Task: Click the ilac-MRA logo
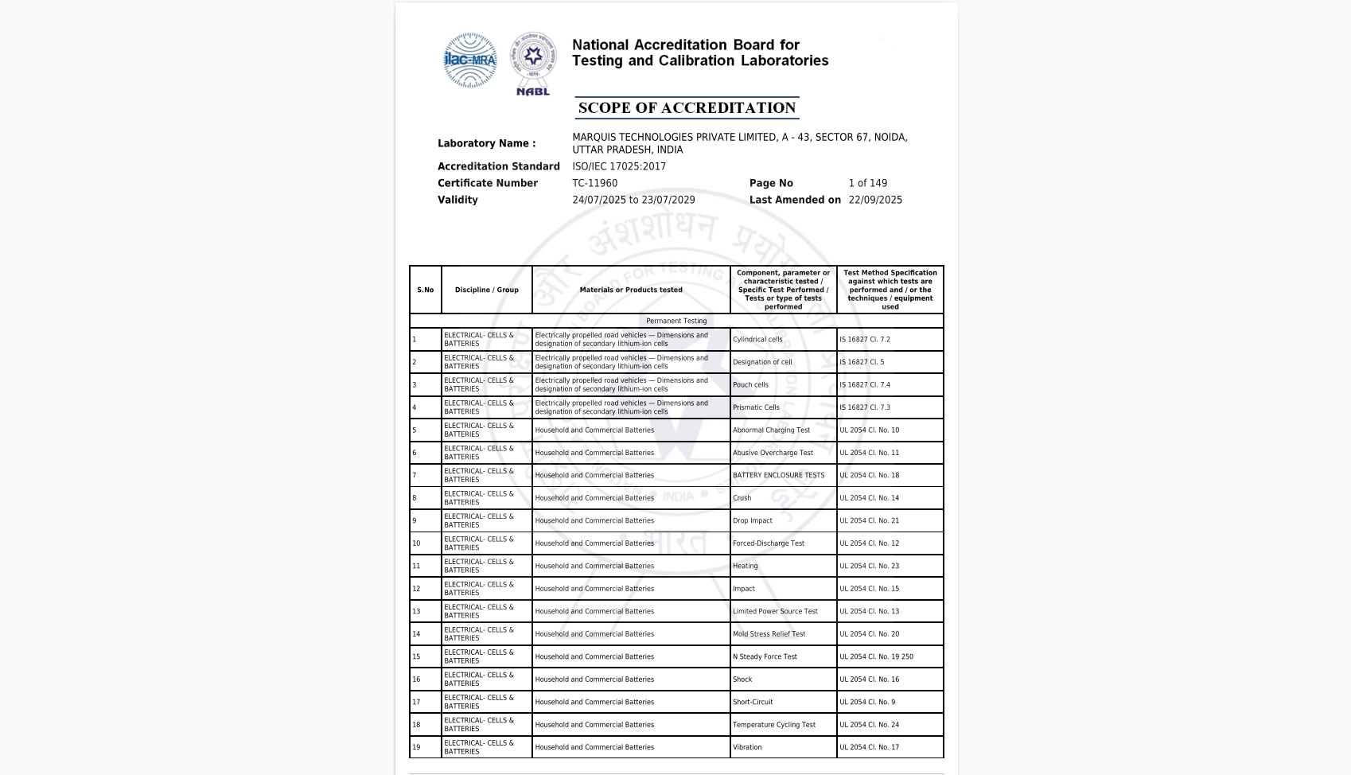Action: (469, 60)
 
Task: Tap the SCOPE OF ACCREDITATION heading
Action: (687, 108)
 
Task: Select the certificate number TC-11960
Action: (594, 183)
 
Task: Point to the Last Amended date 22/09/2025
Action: (875, 200)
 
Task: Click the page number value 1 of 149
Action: (867, 183)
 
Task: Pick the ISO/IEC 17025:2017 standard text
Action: (619, 166)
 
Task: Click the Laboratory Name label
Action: (486, 143)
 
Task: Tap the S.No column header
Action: (425, 290)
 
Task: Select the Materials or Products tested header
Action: (631, 290)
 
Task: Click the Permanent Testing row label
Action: (676, 321)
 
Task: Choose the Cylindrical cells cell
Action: (757, 340)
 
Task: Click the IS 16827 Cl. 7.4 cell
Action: (865, 385)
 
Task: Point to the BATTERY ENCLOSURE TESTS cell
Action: (778, 476)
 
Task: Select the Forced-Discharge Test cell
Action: (769, 543)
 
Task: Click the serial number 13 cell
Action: (416, 612)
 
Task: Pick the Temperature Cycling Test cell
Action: (774, 725)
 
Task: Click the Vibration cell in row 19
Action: (747, 748)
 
